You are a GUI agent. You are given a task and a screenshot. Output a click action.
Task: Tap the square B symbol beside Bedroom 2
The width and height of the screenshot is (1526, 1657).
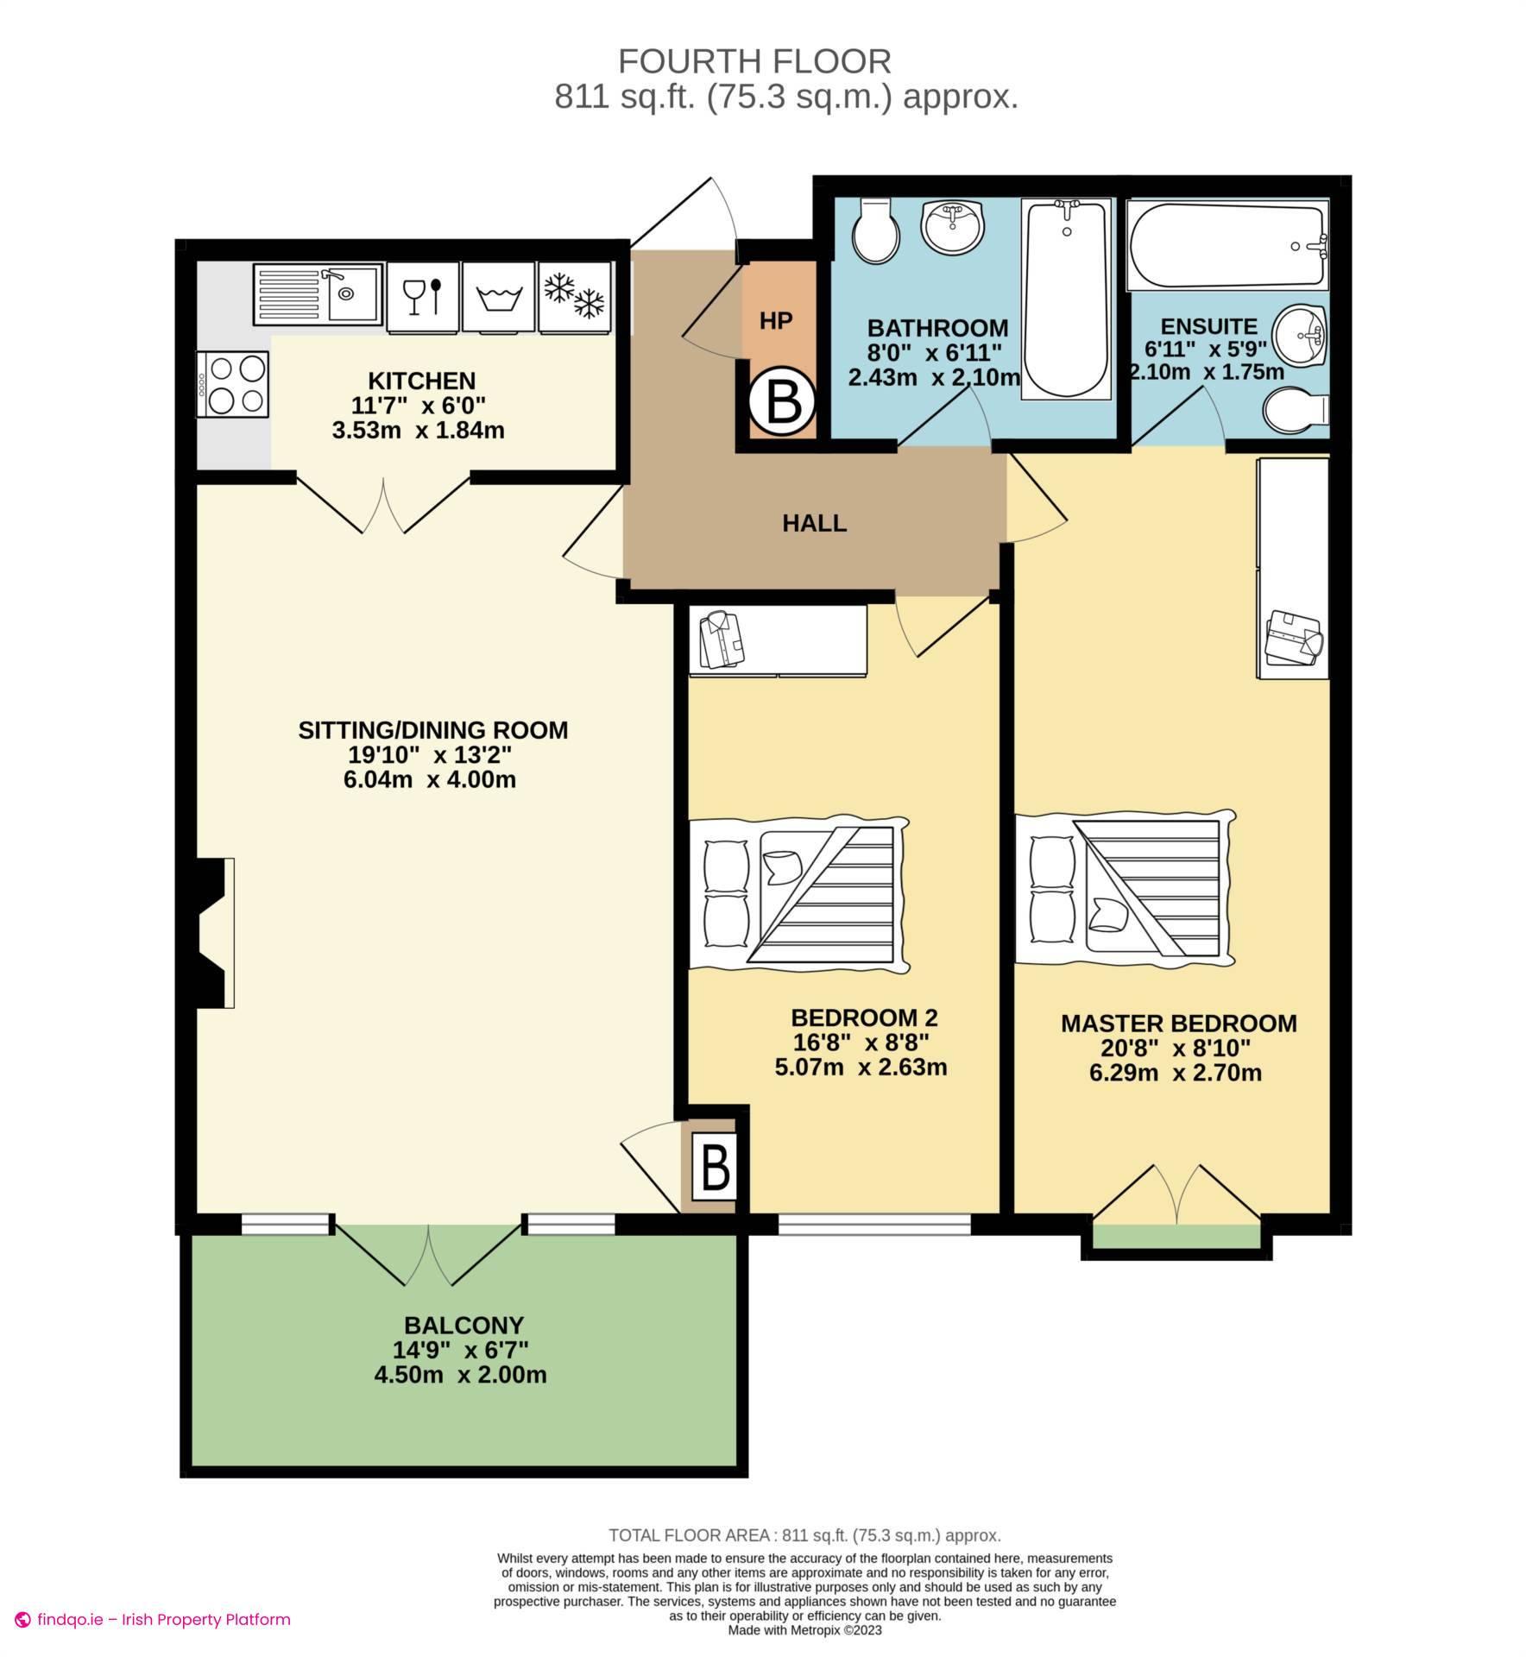pos(715,1168)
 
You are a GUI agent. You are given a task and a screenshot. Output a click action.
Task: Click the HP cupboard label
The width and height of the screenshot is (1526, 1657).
pos(775,321)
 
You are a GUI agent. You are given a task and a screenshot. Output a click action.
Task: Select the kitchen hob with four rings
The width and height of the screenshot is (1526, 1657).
pos(233,385)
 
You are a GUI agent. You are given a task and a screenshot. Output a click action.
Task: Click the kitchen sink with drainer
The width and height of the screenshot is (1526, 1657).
pos(318,293)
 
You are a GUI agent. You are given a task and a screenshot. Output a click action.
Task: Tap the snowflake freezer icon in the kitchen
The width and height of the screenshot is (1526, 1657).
pos(574,295)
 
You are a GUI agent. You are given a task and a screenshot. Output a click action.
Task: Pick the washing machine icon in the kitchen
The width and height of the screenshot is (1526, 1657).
pos(499,296)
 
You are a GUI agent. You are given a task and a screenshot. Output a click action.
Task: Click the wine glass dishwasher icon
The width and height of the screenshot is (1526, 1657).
pos(423,295)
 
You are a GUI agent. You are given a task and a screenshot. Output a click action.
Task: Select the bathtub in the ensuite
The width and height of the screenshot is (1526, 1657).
pos(1226,245)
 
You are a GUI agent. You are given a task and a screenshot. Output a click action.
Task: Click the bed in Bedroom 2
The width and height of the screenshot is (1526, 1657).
pos(798,893)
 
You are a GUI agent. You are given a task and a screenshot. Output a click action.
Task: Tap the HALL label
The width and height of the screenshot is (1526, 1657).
pos(814,523)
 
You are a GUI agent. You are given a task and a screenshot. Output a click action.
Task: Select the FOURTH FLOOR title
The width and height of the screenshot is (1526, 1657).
pos(754,62)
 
